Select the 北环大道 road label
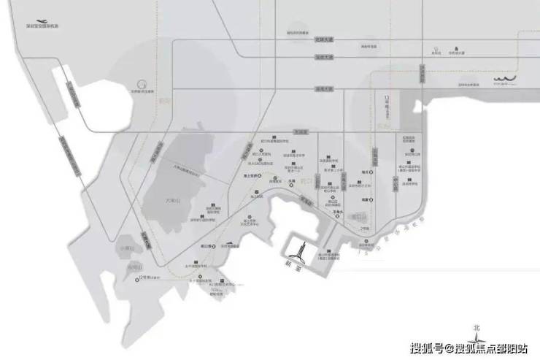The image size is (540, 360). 323,42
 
